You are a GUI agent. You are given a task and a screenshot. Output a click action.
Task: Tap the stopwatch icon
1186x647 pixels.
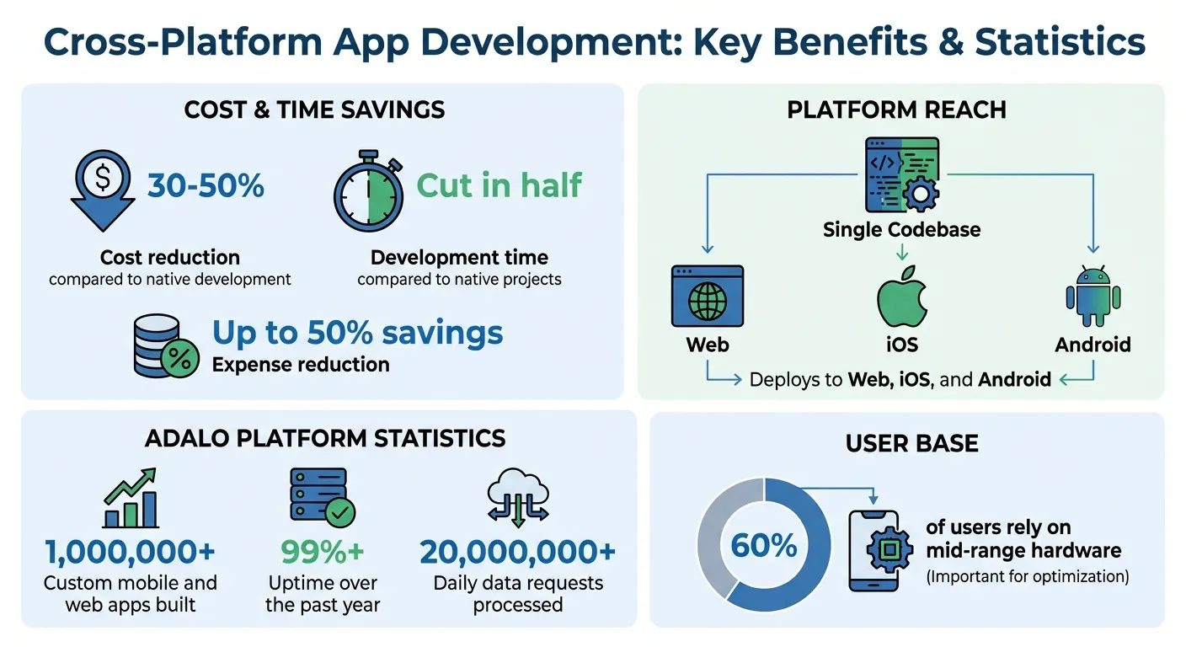point(368,191)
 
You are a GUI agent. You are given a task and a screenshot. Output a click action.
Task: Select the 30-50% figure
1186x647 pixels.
point(206,185)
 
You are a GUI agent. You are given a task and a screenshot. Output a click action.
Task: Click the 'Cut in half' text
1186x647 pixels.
point(500,185)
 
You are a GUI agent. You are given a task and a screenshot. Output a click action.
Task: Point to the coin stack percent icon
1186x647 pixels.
point(166,345)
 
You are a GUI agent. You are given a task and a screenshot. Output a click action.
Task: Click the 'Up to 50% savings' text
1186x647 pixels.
point(358,332)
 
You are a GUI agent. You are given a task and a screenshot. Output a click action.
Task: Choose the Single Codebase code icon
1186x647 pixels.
point(901,175)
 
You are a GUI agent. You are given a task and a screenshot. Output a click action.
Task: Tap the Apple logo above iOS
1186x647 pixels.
point(901,298)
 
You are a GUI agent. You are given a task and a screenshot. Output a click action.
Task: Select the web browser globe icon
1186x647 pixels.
point(708,297)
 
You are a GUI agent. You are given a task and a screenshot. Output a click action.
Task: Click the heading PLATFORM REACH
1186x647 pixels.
point(896,110)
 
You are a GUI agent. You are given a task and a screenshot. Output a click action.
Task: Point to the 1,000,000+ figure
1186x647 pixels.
point(130,552)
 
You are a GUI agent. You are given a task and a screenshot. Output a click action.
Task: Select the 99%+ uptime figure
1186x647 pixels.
point(322,552)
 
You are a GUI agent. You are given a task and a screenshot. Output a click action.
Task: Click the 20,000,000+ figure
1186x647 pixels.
point(517,552)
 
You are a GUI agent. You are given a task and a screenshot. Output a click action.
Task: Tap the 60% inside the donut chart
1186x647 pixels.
point(763,545)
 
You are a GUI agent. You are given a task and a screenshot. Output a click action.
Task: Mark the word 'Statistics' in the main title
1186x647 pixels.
point(1060,42)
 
